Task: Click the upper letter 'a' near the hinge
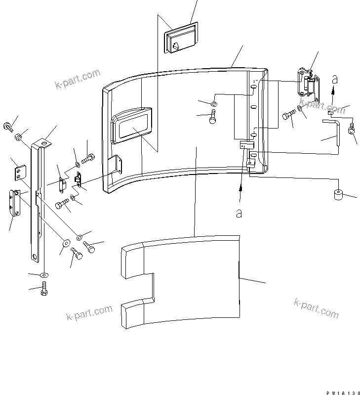[x=335, y=79]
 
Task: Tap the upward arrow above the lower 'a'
[x=240, y=190]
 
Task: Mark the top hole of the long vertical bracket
[x=44, y=144]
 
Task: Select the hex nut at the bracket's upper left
[x=18, y=136]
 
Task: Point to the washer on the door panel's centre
[x=214, y=104]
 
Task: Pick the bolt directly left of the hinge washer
[x=288, y=117]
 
